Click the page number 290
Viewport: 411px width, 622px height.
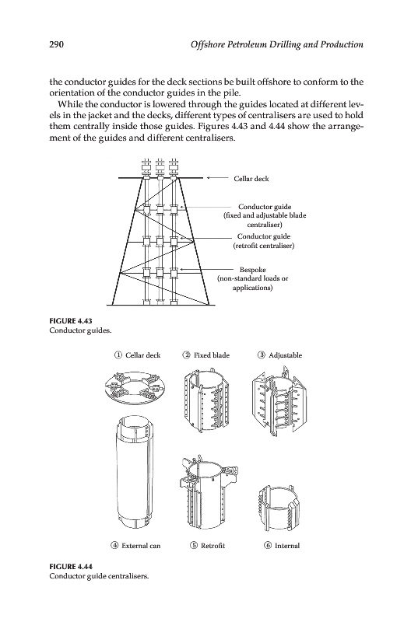coord(56,44)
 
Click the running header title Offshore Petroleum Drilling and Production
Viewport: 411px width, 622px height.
coord(277,44)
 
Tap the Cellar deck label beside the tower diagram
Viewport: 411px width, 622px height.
coord(251,179)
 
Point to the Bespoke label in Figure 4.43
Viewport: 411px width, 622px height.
coord(252,270)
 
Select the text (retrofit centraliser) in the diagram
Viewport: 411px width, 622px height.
coord(264,246)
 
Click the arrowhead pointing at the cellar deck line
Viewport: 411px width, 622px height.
coord(209,178)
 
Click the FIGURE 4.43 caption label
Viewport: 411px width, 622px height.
coord(71,321)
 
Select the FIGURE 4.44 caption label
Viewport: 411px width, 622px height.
coord(71,566)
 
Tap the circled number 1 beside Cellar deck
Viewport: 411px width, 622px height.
coord(118,355)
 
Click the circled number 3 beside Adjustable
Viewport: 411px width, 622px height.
coord(262,355)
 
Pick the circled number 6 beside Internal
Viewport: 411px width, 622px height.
coord(268,546)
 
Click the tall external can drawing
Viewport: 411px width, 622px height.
coord(134,472)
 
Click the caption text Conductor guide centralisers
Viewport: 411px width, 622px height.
coord(99,575)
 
